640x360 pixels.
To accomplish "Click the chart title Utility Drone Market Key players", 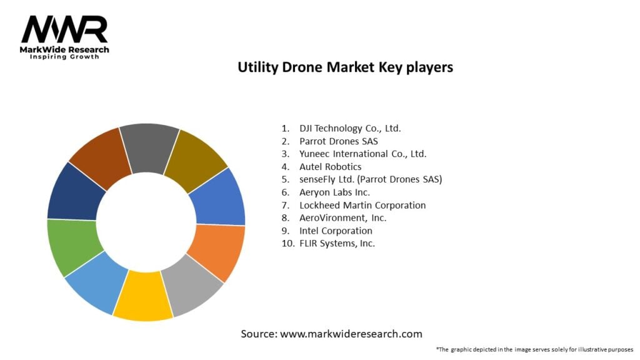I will (345, 67).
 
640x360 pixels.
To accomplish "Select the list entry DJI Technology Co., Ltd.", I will (350, 129).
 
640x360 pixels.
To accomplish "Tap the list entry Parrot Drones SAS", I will (338, 141).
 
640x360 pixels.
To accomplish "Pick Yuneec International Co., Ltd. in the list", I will (362, 154).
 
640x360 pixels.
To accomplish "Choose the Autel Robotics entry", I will (330, 167).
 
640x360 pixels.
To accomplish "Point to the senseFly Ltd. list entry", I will (370, 179).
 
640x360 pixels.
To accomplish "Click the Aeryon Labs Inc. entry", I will (334, 192).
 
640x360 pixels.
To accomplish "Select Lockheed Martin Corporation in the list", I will (362, 205).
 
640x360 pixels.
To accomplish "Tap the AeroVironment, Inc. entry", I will (342, 218).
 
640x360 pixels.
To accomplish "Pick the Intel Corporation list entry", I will (336, 231).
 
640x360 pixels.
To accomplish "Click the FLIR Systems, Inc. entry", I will (337, 243).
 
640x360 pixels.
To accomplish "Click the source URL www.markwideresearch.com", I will (351, 334).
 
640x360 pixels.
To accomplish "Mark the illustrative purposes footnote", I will (535, 349).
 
